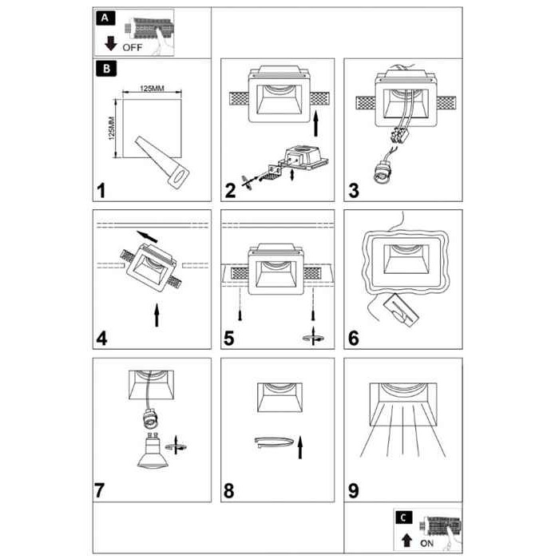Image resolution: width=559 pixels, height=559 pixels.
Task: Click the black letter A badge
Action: click(105, 18)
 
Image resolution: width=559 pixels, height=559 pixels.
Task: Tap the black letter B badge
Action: click(106, 69)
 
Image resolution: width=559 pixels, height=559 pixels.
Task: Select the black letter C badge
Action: click(403, 517)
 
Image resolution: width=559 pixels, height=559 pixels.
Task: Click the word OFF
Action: click(133, 47)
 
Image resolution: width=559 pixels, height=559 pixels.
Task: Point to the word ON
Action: click(426, 543)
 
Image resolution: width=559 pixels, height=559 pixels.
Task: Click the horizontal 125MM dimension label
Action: click(152, 88)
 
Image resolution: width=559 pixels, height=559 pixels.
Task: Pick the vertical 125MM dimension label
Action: click(112, 129)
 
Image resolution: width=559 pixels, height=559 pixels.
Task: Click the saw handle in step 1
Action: click(178, 176)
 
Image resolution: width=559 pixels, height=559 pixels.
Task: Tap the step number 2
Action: click(230, 190)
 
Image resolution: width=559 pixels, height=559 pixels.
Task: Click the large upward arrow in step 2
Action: click(315, 123)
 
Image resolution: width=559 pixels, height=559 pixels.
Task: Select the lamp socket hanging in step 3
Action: click(382, 172)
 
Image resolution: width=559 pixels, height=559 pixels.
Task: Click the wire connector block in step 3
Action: click(400, 136)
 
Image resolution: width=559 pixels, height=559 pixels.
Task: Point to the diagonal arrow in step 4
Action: click(147, 236)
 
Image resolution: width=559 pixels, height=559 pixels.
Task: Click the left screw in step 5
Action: click(240, 315)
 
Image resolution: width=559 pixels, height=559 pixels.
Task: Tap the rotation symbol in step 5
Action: click(313, 336)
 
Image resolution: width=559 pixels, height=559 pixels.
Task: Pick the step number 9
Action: click(353, 490)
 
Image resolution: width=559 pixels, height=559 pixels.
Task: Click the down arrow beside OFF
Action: click(111, 43)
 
